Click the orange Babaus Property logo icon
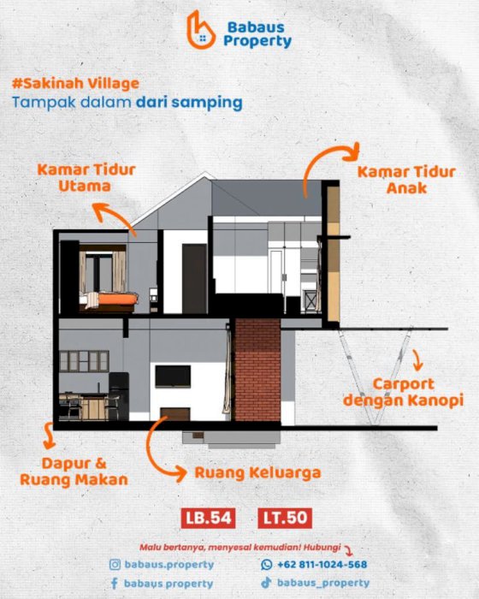[x=200, y=31]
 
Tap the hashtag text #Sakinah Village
[x=75, y=84]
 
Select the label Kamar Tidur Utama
[x=86, y=178]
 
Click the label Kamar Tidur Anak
[x=406, y=180]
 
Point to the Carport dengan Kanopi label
[x=403, y=392]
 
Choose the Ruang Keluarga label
[x=257, y=472]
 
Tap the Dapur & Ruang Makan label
[x=74, y=471]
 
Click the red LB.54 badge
[x=208, y=518]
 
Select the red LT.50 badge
[x=285, y=518]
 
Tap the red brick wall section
[x=257, y=370]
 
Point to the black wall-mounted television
[x=173, y=377]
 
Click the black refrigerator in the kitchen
[x=119, y=396]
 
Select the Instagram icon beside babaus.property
[x=115, y=565]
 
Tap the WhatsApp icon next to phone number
[x=267, y=565]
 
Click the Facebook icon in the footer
[x=114, y=584]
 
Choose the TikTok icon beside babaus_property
[x=266, y=583]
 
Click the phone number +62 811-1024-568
[x=322, y=565]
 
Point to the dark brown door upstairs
[x=194, y=278]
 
